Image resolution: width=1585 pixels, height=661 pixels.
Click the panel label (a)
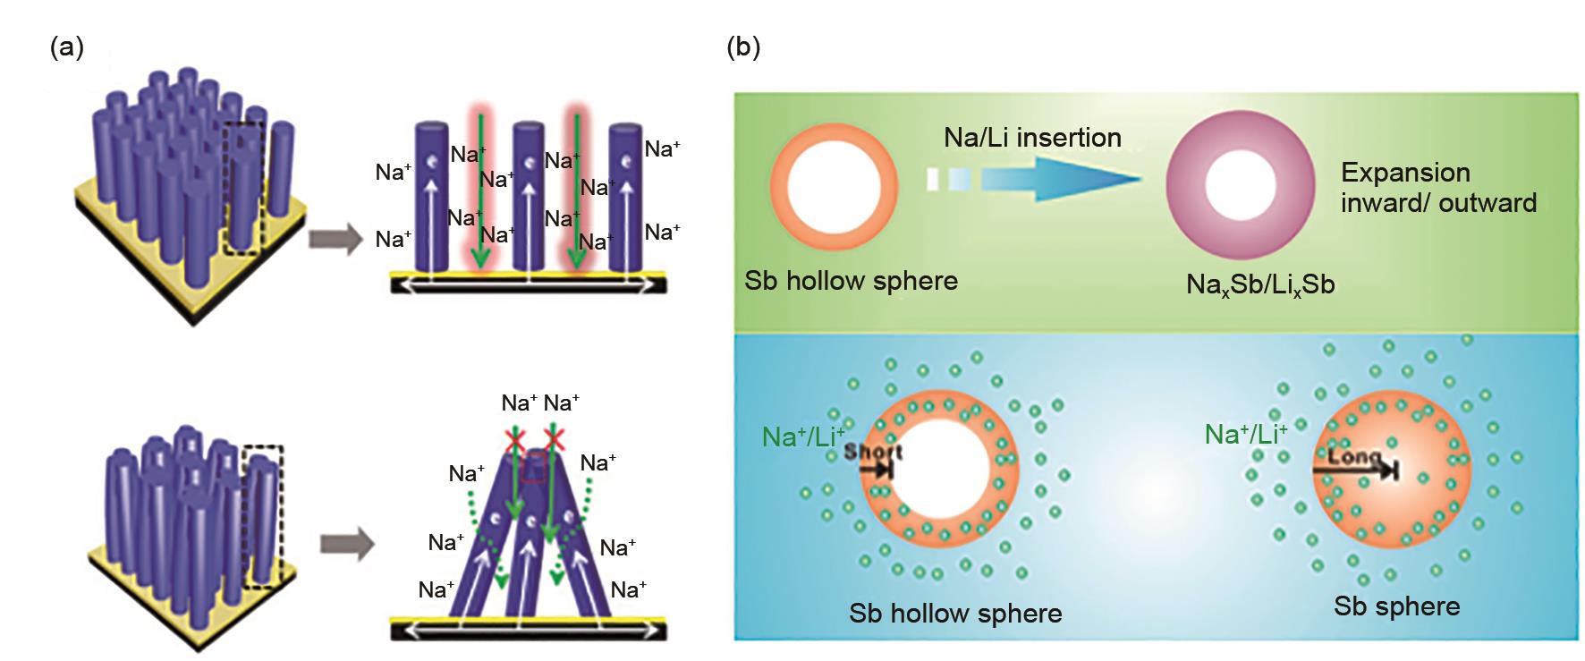tap(67, 47)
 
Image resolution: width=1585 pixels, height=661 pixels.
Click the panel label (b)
tap(743, 47)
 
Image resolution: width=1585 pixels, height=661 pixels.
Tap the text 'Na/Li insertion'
tap(1032, 138)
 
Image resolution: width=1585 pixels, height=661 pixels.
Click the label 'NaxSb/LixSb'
tap(1259, 284)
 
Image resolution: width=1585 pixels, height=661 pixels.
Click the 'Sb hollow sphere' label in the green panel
tap(851, 281)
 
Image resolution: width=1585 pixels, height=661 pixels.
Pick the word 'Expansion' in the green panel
tap(1405, 172)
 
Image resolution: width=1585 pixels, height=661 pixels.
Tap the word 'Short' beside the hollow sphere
tap(873, 452)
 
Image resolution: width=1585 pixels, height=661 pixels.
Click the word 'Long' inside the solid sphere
tap(1354, 456)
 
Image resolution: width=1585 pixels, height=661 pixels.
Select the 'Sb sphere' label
tap(1396, 606)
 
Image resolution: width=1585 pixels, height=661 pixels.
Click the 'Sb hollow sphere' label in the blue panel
tap(955, 614)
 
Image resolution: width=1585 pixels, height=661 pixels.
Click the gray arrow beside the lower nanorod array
tap(347, 544)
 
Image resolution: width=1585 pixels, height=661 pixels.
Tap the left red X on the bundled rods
tap(514, 438)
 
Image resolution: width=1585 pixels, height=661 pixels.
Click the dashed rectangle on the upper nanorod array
tap(242, 187)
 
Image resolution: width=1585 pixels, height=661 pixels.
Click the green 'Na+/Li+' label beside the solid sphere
tap(1245, 435)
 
